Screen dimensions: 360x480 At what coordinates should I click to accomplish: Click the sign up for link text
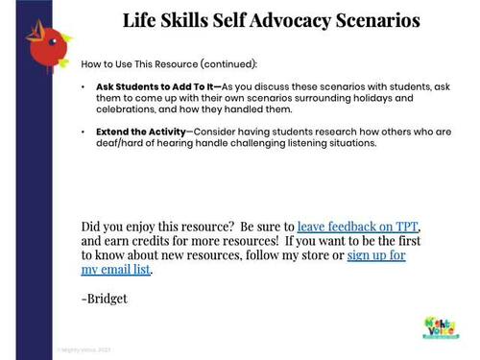point(375,255)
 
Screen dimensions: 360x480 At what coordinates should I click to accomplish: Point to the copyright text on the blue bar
point(84,349)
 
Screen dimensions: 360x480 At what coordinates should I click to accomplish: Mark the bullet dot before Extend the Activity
point(84,131)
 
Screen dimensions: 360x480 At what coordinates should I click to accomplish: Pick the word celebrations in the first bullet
point(129,109)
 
